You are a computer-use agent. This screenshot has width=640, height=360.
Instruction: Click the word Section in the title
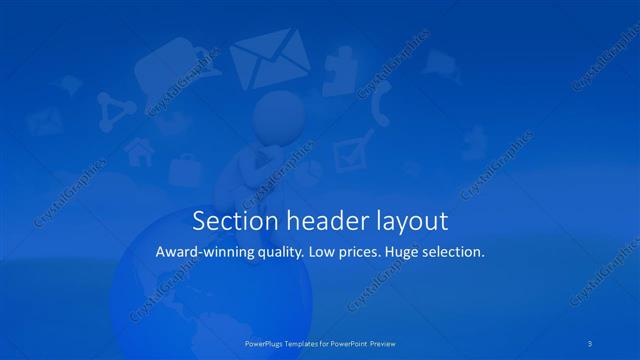tap(227, 220)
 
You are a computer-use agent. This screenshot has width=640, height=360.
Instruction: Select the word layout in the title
tap(410, 221)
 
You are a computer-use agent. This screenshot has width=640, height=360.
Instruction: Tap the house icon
tap(138, 152)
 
